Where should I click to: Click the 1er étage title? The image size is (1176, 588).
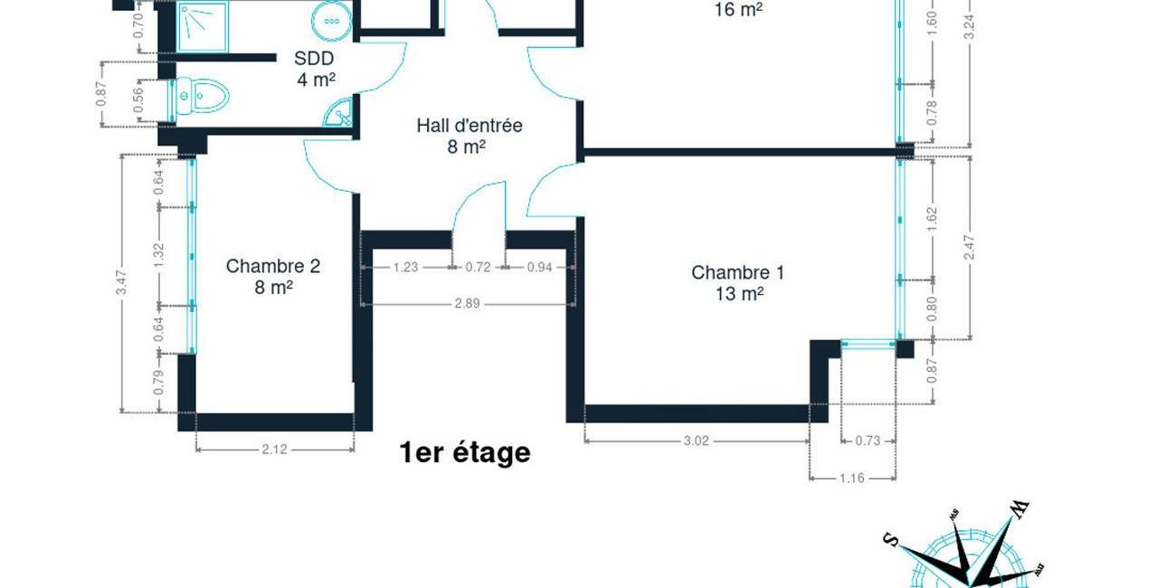pyautogui.click(x=464, y=452)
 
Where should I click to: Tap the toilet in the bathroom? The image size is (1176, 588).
pyautogui.click(x=200, y=95)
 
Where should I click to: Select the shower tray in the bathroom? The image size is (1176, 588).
pyautogui.click(x=203, y=24)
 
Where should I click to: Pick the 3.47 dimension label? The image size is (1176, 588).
pyautogui.click(x=121, y=284)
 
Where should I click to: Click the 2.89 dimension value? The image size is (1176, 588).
pyautogui.click(x=467, y=304)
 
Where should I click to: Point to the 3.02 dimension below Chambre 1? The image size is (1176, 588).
pyautogui.click(x=695, y=441)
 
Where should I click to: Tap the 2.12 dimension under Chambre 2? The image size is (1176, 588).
pyautogui.click(x=274, y=449)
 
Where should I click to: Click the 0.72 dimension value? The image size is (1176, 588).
pyautogui.click(x=478, y=267)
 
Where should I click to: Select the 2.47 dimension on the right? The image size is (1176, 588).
pyautogui.click(x=969, y=247)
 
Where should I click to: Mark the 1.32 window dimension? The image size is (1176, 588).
pyautogui.click(x=159, y=254)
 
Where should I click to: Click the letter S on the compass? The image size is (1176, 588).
pyautogui.click(x=890, y=541)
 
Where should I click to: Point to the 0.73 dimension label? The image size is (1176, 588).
pyautogui.click(x=868, y=441)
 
